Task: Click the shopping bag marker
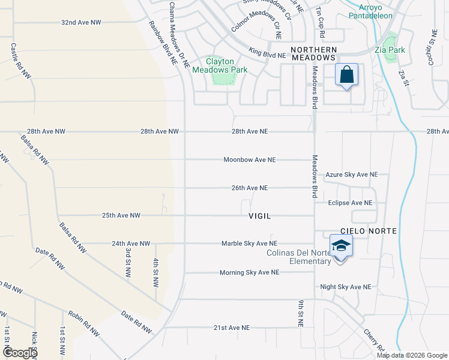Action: [347, 76]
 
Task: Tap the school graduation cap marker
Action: [340, 247]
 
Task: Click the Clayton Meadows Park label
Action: [218, 65]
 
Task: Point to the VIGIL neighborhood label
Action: [260, 215]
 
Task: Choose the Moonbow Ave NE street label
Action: [249, 160]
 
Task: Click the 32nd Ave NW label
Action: [81, 22]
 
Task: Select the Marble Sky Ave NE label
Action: [249, 244]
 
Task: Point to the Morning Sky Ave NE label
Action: [249, 272]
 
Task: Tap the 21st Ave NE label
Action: [231, 328]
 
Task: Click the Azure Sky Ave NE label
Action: [352, 175]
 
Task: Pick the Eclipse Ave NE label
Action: [350, 203]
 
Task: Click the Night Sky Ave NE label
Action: [346, 287]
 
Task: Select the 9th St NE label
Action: [300, 313]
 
